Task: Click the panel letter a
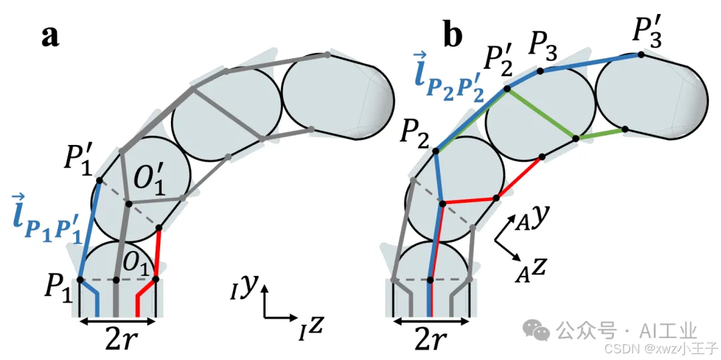pos(50,36)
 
